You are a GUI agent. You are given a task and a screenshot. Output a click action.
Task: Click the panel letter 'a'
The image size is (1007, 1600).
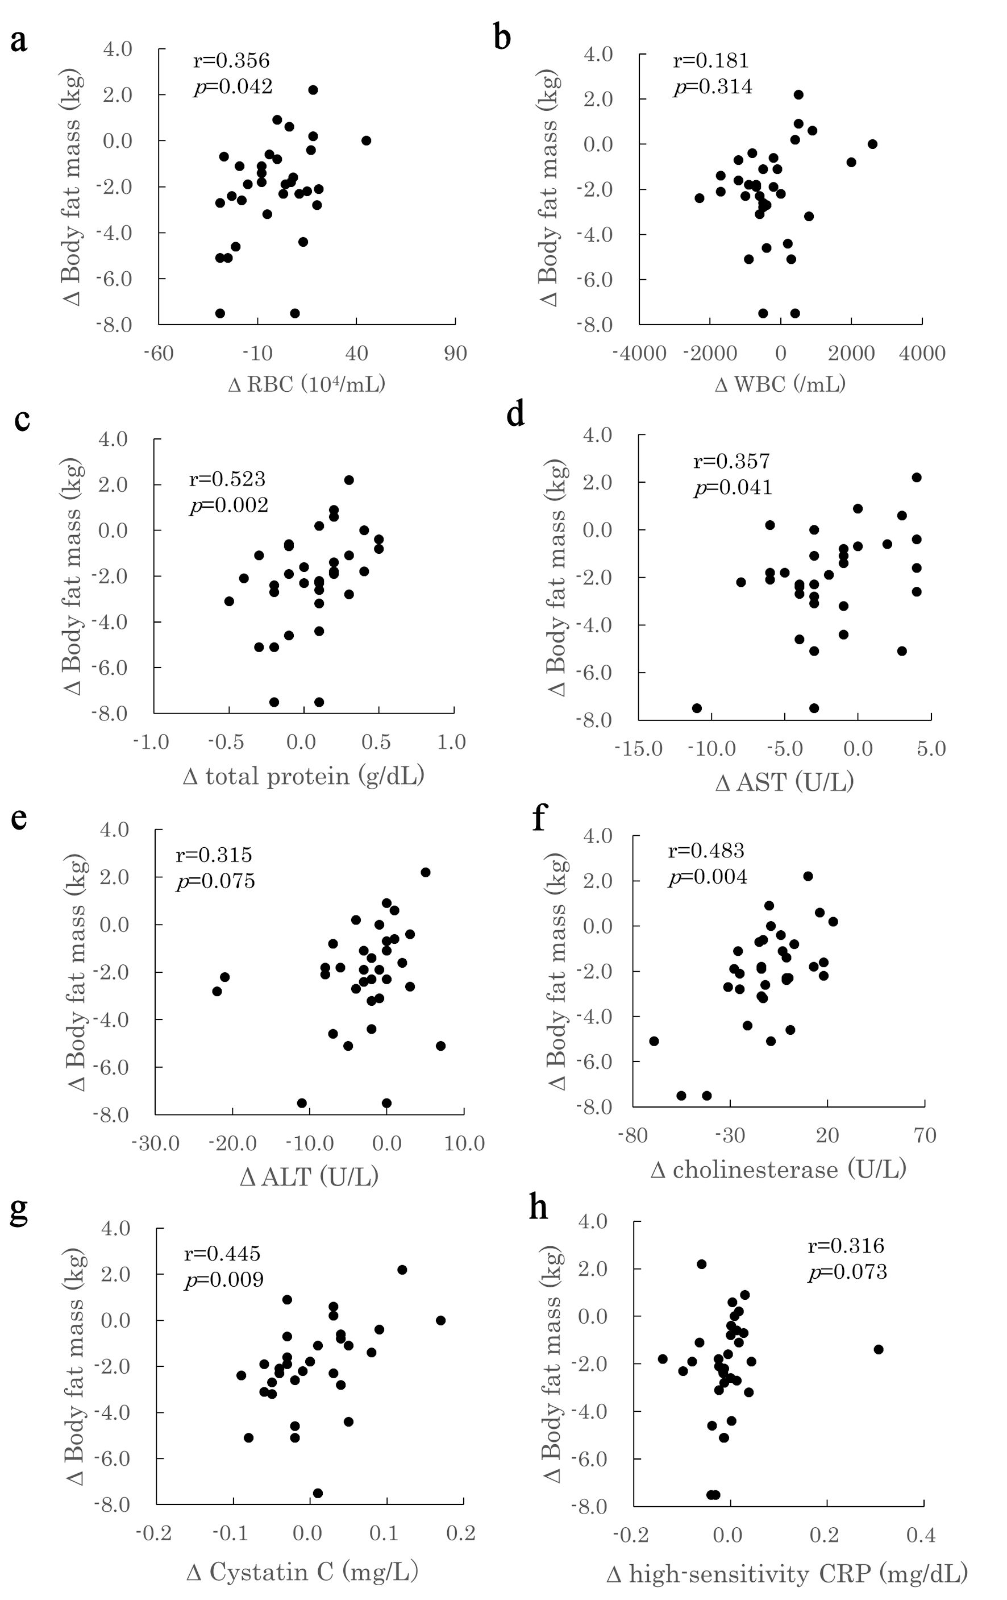tap(19, 40)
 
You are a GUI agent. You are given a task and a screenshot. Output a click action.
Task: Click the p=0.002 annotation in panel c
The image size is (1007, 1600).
tap(228, 505)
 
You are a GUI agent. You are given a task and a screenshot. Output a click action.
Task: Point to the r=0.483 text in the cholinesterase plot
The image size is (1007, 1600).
tap(705, 850)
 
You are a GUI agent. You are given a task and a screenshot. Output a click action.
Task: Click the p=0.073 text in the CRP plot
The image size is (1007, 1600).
tap(847, 1271)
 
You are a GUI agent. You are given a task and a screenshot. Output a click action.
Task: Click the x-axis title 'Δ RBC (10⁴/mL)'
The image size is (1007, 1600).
tap(306, 384)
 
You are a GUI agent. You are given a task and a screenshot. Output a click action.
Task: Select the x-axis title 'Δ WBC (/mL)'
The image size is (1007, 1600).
tap(780, 384)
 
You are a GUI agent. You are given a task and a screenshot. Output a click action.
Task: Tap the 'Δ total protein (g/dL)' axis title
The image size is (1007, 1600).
tap(303, 776)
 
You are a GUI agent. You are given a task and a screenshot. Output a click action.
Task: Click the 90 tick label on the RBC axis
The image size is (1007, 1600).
tap(455, 353)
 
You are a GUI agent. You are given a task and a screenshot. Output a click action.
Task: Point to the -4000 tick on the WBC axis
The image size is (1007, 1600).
tap(639, 353)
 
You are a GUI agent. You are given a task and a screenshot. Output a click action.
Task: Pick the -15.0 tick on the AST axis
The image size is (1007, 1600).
tap(638, 748)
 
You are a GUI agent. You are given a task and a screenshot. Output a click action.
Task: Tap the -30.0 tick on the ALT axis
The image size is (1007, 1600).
tap(156, 1143)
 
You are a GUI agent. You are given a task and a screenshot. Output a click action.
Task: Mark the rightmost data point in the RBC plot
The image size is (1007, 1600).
tap(366, 140)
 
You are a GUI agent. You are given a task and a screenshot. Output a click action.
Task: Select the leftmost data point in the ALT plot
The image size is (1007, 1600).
tap(217, 990)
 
